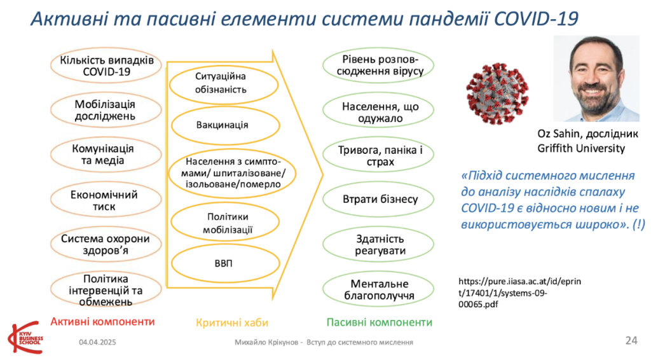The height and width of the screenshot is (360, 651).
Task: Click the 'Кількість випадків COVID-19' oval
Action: tap(106, 66)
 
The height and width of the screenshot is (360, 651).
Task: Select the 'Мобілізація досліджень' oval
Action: tap(106, 110)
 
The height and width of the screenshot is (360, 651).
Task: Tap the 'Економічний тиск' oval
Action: tap(106, 200)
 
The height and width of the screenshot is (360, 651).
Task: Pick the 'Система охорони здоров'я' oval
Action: tap(106, 244)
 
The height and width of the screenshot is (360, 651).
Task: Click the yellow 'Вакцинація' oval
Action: tap(225, 125)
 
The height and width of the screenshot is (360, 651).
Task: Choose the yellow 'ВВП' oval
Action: tap(225, 263)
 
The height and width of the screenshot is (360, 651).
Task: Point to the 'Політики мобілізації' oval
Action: tap(225, 222)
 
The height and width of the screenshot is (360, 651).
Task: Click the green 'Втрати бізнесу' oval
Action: tap(378, 199)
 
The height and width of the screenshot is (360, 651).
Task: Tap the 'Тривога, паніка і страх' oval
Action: tap(378, 155)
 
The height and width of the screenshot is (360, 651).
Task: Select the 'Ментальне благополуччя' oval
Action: tap(378, 289)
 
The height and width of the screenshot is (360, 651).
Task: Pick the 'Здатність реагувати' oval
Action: tap(378, 244)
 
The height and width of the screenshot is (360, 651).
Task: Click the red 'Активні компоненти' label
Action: tap(102, 321)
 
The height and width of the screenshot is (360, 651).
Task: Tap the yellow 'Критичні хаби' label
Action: tap(231, 322)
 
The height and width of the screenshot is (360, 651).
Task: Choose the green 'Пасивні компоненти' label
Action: tap(379, 322)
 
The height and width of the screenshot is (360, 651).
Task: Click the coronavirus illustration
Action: tap(497, 93)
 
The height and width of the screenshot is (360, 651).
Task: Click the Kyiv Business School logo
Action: tap(25, 337)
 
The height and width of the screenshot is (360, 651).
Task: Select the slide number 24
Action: tap(631, 340)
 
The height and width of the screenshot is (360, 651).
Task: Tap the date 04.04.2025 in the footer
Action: tap(97, 342)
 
